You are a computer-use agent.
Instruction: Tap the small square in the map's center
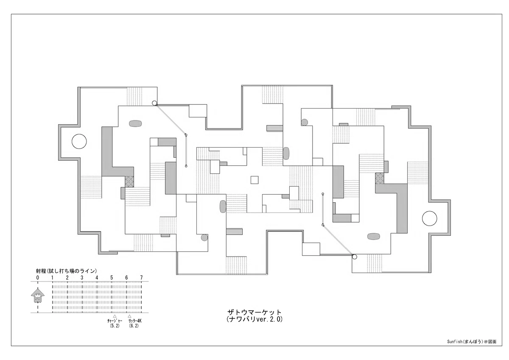pos(255,180)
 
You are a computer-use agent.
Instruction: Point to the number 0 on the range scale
pos(37,278)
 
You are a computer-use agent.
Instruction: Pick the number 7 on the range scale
pos(141,278)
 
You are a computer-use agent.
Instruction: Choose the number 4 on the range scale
pos(97,278)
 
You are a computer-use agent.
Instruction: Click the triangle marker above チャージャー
pos(115,316)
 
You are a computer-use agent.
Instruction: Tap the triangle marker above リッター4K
pos(129,316)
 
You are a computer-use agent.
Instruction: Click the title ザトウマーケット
pos(255,312)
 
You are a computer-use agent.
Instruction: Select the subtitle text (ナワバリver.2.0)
pos(255,319)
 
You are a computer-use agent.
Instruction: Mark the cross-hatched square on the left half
pos(129,182)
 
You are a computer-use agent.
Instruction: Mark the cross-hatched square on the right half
pos(380,178)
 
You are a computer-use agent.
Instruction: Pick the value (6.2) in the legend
pos(134,326)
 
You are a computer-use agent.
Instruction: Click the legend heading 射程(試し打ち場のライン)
pos(66,271)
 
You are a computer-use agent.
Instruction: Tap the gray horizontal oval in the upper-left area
pos(135,123)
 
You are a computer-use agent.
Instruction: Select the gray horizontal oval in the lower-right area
pos(374,237)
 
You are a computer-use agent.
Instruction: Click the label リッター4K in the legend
pos(135,321)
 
